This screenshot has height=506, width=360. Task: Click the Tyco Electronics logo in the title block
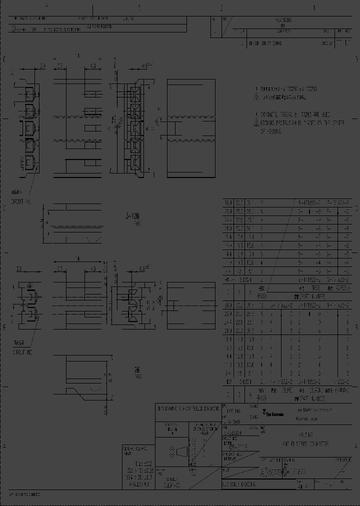pyautogui.click(x=273, y=414)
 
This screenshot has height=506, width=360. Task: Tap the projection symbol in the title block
pyautogui.click(x=177, y=452)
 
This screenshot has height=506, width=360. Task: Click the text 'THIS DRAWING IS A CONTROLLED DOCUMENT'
pyautogui.click(x=188, y=408)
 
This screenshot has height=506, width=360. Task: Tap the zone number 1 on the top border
pyautogui.click(x=314, y=8)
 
